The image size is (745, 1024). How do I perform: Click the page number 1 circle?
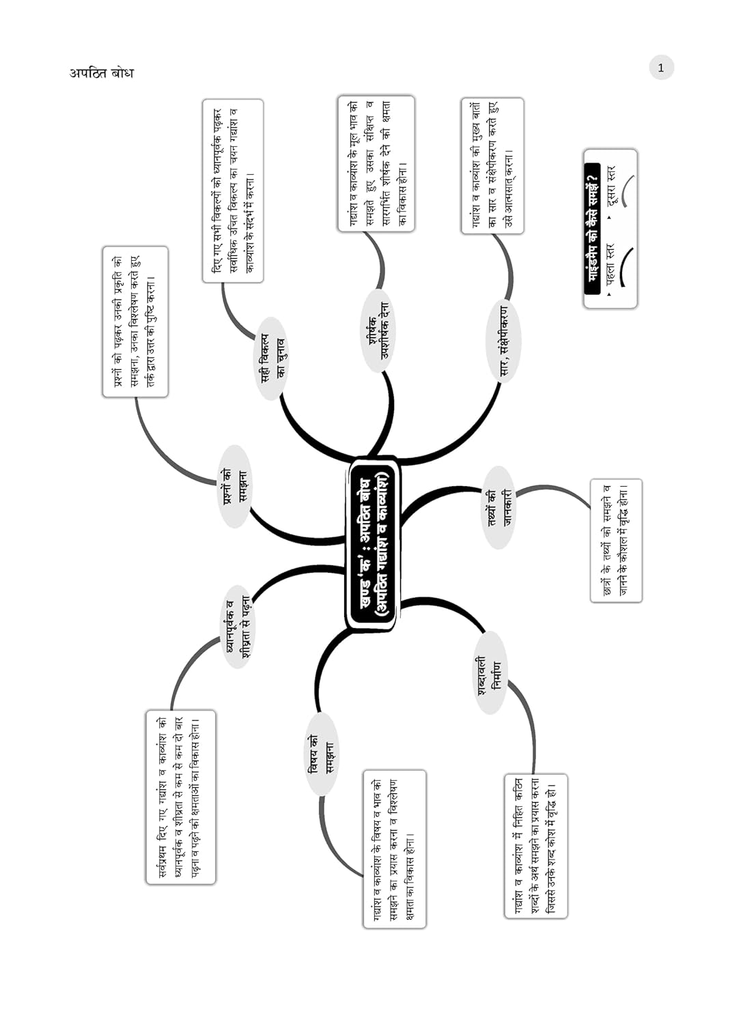[660, 68]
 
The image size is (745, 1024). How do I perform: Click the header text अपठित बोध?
[101, 73]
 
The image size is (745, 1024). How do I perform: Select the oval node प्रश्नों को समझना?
[234, 486]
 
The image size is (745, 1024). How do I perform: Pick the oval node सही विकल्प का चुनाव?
[272, 358]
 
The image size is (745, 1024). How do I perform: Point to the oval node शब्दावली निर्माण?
[490, 673]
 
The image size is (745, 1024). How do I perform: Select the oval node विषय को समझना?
[321, 754]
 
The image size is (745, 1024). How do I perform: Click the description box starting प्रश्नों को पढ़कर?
[135, 322]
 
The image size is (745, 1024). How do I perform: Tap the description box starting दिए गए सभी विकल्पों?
[232, 190]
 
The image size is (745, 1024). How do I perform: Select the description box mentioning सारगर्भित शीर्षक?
[376, 163]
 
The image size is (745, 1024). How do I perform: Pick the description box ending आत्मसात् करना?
[492, 166]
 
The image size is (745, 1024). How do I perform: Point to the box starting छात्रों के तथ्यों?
[616, 541]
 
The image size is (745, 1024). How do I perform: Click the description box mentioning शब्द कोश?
[536, 846]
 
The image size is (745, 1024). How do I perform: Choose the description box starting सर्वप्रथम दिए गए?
[180, 797]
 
